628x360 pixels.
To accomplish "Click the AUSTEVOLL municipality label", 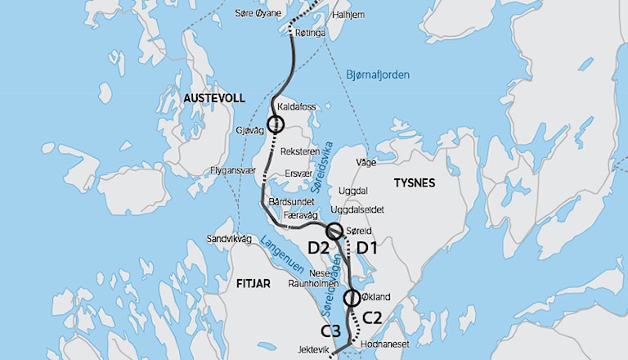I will (214, 98).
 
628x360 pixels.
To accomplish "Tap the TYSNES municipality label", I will (415, 182).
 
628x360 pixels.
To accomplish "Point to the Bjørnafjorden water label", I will (378, 74).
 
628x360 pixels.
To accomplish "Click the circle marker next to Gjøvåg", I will (275, 124).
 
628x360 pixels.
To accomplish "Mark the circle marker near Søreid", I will (334, 232).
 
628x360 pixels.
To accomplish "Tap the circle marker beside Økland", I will (352, 298).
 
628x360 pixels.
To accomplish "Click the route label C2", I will (372, 316).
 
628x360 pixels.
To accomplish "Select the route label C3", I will (331, 331).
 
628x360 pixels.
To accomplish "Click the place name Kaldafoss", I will (297, 107).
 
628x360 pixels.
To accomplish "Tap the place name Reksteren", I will (298, 152).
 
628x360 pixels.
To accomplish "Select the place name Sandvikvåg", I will (229, 240).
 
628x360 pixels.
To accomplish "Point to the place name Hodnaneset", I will (385, 346).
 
